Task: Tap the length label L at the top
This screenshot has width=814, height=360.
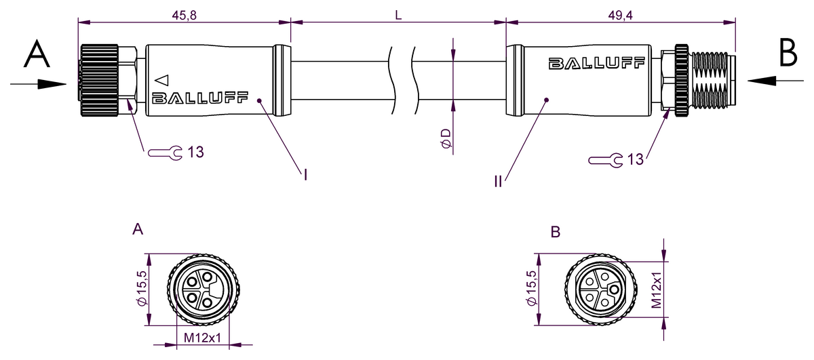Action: [399, 15]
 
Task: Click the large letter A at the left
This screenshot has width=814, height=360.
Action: [37, 54]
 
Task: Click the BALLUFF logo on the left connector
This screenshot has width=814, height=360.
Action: [201, 98]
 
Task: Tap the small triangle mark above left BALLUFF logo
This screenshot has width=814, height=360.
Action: [161, 79]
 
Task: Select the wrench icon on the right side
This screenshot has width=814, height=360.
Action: [606, 161]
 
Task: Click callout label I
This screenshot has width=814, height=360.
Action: [306, 176]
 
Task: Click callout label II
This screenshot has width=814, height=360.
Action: [498, 181]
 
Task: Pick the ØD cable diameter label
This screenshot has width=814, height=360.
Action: [446, 139]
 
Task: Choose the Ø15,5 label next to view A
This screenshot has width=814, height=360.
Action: [142, 290]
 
